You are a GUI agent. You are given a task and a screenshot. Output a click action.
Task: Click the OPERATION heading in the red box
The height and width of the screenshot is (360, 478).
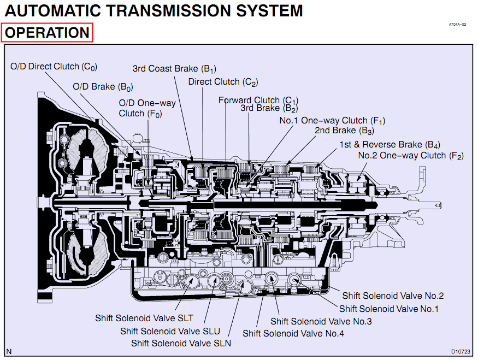[x=47, y=33]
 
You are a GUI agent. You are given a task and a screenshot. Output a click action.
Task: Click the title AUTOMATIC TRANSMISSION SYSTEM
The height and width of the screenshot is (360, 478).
[x=154, y=11]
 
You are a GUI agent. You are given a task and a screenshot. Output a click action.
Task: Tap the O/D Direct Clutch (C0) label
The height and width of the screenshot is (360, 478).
[x=54, y=67]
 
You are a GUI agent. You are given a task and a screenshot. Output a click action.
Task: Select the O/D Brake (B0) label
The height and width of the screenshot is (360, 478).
[x=103, y=87]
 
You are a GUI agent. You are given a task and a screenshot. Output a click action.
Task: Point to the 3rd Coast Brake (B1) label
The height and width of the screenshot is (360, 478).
[x=174, y=69]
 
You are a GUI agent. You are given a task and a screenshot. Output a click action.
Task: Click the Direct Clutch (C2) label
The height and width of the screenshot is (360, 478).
[x=223, y=82]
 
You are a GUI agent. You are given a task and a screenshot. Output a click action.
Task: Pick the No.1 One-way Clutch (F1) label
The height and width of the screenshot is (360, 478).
[x=332, y=121]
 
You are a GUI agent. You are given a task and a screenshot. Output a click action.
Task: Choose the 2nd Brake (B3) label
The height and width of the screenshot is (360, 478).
[x=345, y=131]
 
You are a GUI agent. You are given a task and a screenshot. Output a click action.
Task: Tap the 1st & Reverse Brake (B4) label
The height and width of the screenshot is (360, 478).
[x=390, y=144]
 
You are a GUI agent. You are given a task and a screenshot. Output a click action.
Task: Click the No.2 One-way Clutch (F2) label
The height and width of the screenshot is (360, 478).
[x=411, y=156]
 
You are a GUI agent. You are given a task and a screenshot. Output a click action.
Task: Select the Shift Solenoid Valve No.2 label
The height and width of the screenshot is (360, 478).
[x=393, y=296]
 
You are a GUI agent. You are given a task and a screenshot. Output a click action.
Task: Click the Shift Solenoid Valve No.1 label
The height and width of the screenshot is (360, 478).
[x=388, y=309]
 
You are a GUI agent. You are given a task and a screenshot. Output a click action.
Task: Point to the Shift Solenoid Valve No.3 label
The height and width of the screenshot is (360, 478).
[x=321, y=321]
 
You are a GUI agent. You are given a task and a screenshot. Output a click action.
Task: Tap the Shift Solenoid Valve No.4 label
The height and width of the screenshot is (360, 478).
[x=293, y=333]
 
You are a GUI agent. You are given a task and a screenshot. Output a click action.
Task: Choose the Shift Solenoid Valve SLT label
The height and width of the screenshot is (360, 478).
[x=144, y=318]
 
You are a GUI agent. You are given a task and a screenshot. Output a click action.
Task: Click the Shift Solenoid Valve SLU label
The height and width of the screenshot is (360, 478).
[x=170, y=332]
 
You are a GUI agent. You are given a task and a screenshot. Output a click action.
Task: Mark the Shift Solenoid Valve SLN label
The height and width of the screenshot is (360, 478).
[x=181, y=344]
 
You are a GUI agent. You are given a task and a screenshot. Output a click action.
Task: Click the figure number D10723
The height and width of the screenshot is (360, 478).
[x=461, y=352]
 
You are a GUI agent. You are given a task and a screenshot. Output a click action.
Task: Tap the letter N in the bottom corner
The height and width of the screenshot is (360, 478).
[x=9, y=352]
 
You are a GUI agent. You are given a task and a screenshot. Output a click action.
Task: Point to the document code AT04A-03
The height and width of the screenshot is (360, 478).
[x=457, y=25]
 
